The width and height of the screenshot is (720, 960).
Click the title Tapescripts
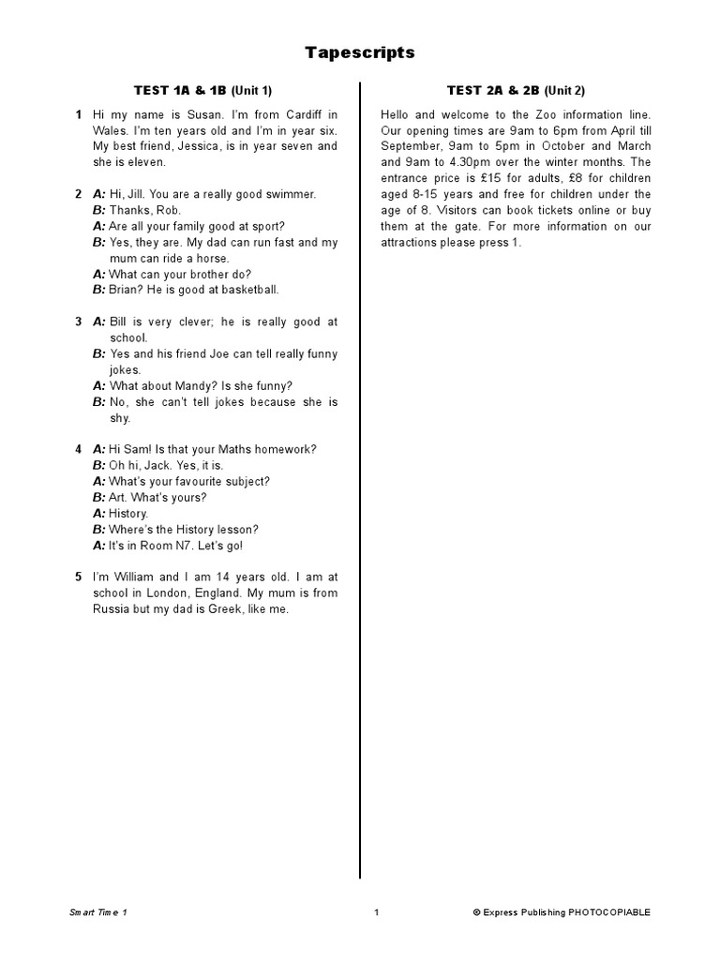(360, 53)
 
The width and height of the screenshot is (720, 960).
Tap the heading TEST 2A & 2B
(494, 90)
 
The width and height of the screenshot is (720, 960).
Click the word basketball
(247, 290)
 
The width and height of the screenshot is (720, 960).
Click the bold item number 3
(79, 322)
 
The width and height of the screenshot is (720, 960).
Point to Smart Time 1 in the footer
(97, 912)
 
